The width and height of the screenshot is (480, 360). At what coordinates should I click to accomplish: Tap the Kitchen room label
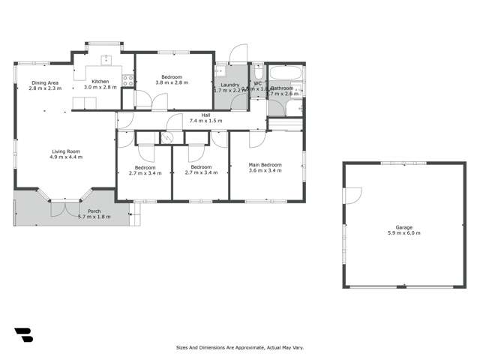pyautogui.click(x=100, y=81)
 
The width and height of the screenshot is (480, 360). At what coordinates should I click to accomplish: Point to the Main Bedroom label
pyautogui.click(x=265, y=164)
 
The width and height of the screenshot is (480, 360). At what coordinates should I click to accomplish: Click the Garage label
pyautogui.click(x=404, y=227)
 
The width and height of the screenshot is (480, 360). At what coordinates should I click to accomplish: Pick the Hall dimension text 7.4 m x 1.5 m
pyautogui.click(x=205, y=121)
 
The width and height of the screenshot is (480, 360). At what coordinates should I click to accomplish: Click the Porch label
pyautogui.click(x=94, y=211)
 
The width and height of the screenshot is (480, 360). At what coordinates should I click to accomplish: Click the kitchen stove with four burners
pyautogui.click(x=128, y=79)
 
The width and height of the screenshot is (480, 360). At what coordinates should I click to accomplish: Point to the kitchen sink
pyautogui.click(x=106, y=59)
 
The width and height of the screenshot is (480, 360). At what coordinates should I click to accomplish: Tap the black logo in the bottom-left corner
pyautogui.click(x=22, y=335)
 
